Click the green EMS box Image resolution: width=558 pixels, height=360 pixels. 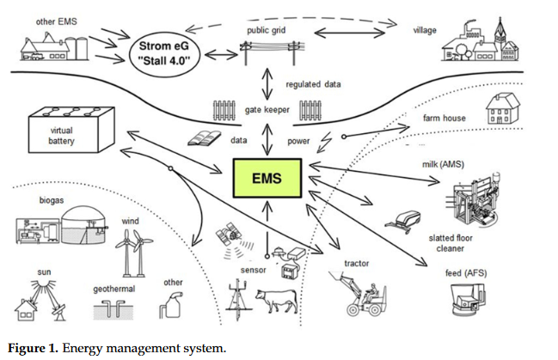[x=267, y=178]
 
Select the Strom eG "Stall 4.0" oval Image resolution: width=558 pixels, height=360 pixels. [x=164, y=53]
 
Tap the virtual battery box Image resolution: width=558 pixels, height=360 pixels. [x=71, y=130]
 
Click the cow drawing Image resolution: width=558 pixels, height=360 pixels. [x=277, y=300]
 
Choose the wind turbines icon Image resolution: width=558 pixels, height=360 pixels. [x=133, y=253]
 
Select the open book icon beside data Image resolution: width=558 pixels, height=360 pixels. [x=204, y=138]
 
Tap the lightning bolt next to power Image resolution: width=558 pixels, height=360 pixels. [x=324, y=143]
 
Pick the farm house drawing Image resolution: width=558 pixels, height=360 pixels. [x=503, y=108]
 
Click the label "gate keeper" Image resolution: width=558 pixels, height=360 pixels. [x=267, y=110]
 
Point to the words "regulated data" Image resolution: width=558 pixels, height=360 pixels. [x=313, y=84]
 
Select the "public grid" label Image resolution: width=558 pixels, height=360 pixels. [x=267, y=30]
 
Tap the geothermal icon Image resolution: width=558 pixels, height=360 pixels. [x=113, y=309]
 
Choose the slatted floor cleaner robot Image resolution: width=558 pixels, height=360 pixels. [x=403, y=222]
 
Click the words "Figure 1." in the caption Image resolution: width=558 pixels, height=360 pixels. [x=33, y=348]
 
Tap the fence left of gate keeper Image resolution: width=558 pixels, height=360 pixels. [x=224, y=110]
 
